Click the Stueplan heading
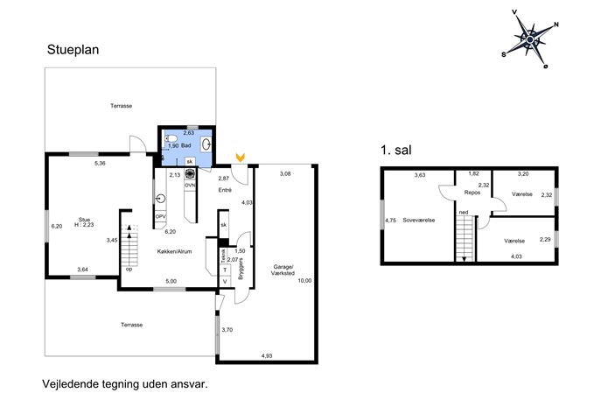point(73,50)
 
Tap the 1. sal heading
point(396,150)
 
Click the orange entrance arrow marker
point(241,157)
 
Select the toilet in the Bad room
point(171,138)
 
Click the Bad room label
point(185,146)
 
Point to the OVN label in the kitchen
point(190,186)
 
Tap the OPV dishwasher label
point(161,217)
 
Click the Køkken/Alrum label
point(174,251)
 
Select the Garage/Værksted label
point(283,270)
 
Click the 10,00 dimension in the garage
point(304,281)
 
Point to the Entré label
point(225,190)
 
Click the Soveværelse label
point(418,221)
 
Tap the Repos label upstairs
point(472,193)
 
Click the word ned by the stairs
point(464,213)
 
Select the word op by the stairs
point(129,270)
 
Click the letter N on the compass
point(556,25)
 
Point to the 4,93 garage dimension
point(267,356)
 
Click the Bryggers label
point(241,269)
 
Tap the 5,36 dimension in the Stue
point(100,164)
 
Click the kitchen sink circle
point(161,199)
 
